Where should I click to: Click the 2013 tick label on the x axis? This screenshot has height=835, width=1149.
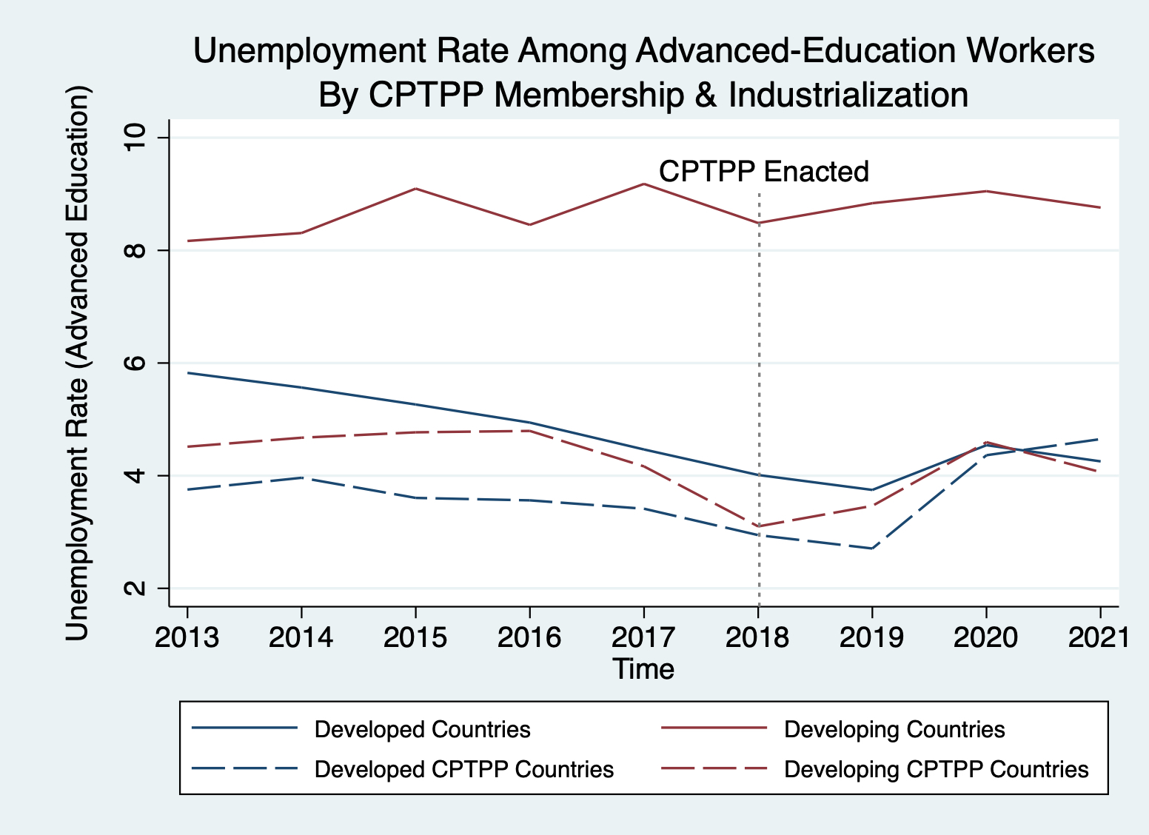point(187,637)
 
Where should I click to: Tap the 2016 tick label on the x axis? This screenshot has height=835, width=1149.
point(529,637)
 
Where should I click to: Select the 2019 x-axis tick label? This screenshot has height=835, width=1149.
point(871,637)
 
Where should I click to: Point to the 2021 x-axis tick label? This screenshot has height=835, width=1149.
point(1099,637)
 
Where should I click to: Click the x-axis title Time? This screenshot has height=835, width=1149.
point(643,669)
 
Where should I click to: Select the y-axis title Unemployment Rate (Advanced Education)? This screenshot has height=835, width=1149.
point(77,363)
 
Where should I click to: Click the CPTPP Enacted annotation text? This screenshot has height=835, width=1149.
point(763,172)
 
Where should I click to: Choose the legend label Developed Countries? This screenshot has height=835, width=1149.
point(422,730)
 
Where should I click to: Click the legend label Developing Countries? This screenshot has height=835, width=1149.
point(894,730)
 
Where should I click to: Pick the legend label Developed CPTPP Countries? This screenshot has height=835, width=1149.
point(464,770)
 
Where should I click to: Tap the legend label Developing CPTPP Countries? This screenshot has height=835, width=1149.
point(937,770)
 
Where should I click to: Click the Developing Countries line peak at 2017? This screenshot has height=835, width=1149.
point(644,184)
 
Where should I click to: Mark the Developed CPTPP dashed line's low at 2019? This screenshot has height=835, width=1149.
point(872,548)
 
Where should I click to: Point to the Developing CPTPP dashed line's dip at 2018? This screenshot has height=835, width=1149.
point(758,526)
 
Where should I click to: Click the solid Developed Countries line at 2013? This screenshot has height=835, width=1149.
point(188,373)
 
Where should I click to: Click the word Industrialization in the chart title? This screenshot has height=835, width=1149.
point(848,95)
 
